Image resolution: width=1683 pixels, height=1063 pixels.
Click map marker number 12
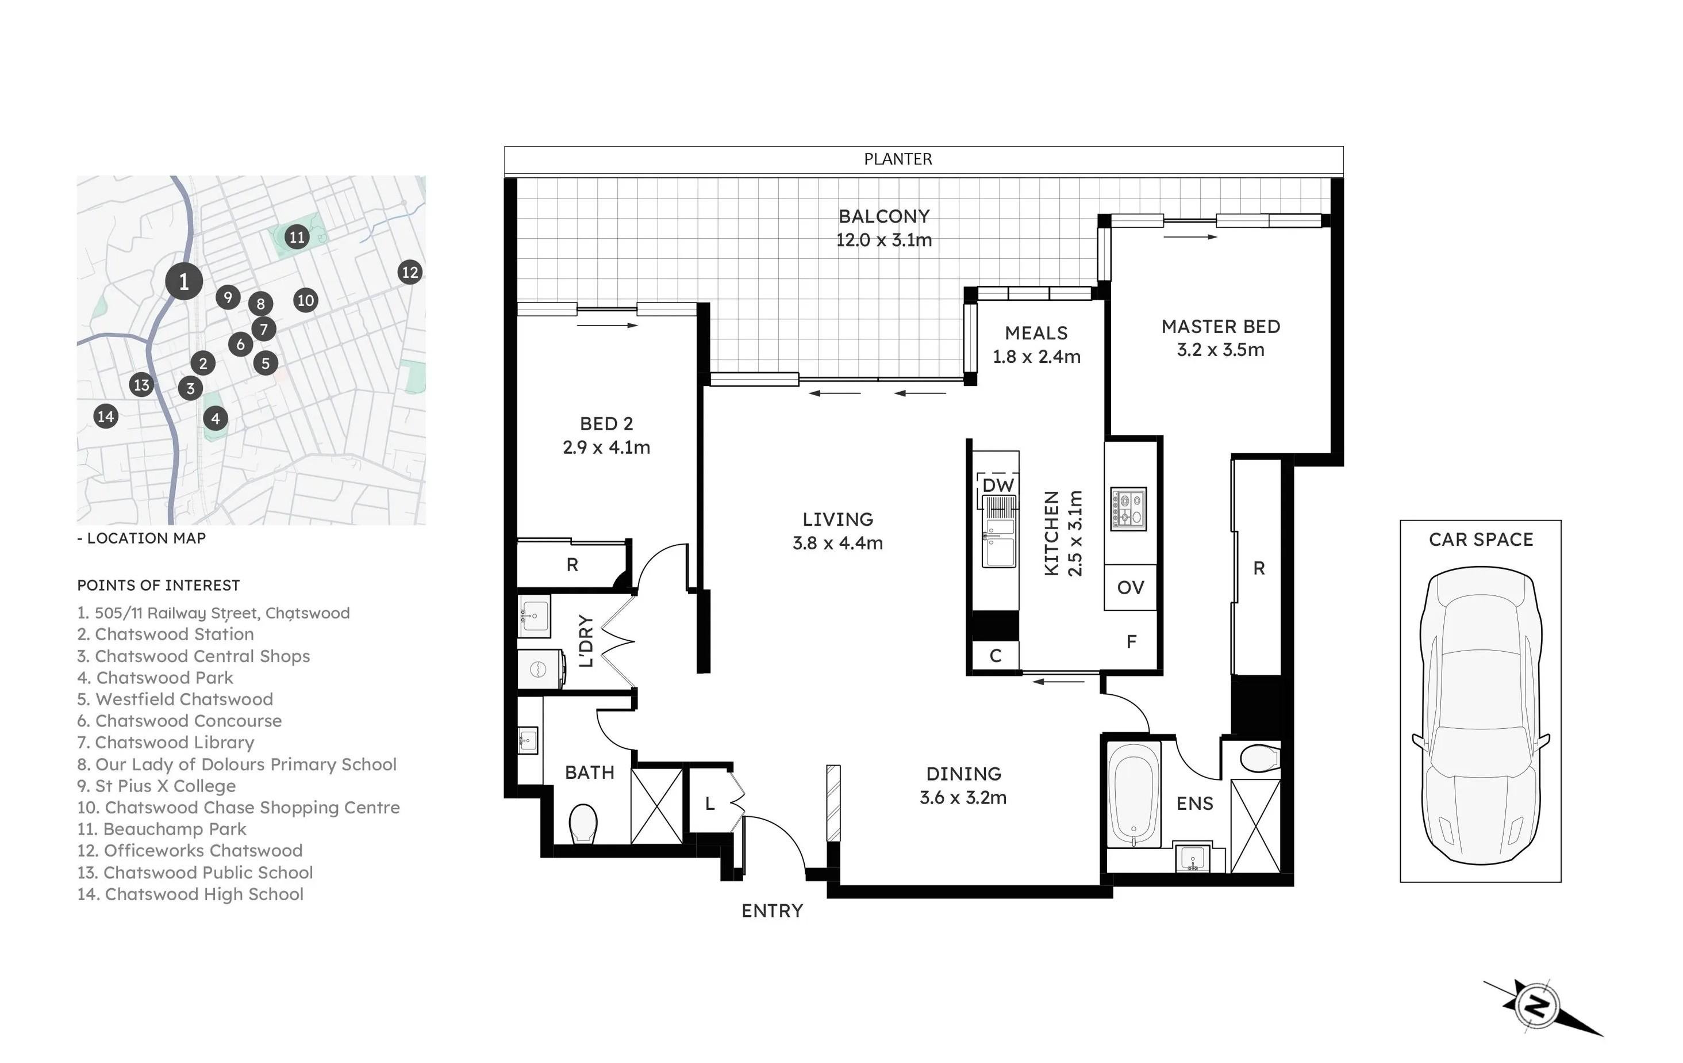tap(410, 272)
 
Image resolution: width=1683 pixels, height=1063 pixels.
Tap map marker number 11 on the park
tap(297, 237)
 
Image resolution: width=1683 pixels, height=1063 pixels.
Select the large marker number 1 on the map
tap(184, 281)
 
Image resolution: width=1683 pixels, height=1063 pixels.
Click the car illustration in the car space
tap(1480, 716)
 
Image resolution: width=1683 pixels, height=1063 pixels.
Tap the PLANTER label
tap(898, 159)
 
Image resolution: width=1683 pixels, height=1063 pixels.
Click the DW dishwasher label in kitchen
tap(998, 485)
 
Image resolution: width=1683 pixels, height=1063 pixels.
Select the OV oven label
tap(1130, 587)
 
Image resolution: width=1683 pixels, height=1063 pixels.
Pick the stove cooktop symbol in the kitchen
tap(1128, 508)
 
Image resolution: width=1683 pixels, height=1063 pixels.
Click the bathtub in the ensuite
tap(1132, 794)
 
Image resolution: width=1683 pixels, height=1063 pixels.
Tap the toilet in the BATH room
tap(583, 824)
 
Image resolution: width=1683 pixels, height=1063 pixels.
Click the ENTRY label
tap(773, 911)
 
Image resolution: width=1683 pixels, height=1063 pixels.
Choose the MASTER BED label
tap(1221, 327)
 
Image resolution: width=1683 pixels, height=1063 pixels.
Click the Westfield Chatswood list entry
tap(175, 699)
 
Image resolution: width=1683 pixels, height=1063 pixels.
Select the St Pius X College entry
tap(156, 786)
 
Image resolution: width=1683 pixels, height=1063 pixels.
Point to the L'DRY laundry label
tap(586, 641)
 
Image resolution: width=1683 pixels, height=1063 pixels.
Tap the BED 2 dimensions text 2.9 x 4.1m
tap(606, 448)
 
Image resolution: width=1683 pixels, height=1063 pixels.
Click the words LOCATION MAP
tap(146, 538)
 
